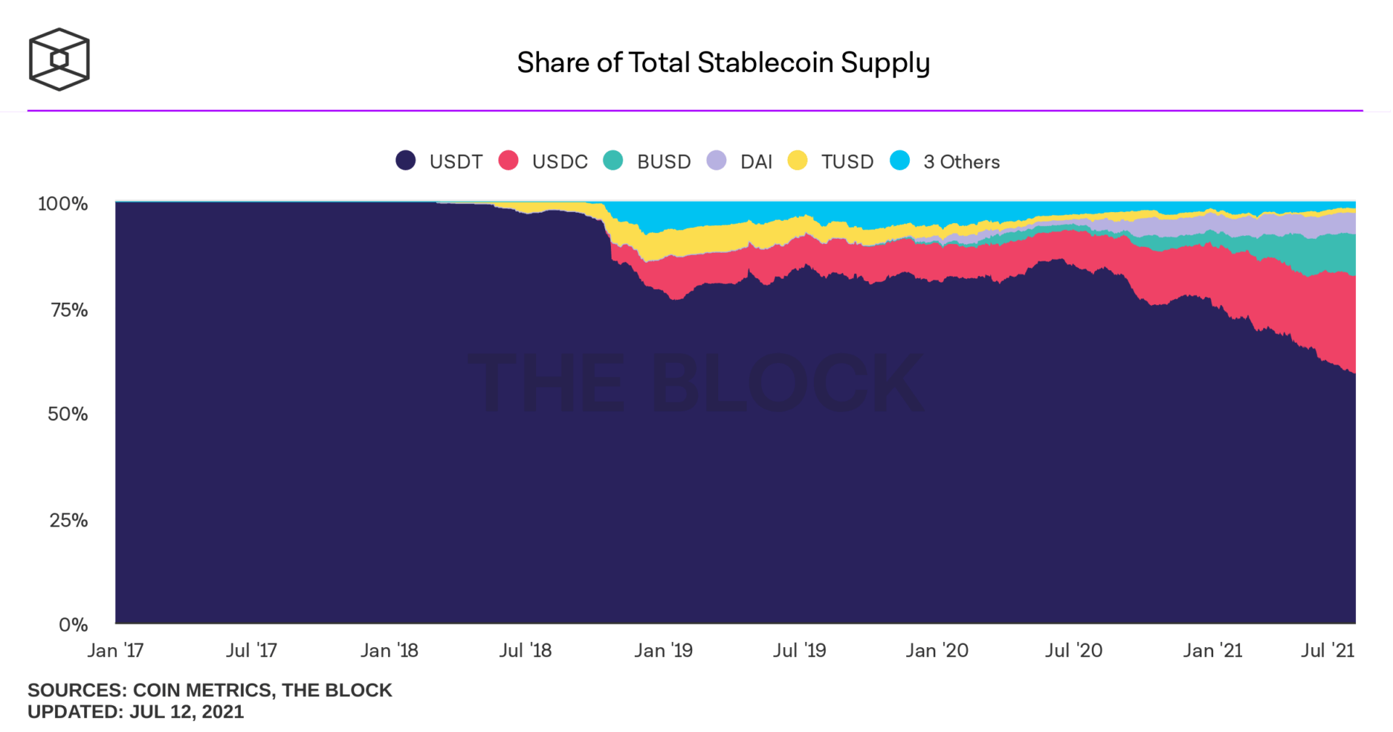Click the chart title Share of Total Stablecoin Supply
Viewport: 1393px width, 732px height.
[x=723, y=62]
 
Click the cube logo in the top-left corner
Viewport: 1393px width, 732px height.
[x=59, y=60]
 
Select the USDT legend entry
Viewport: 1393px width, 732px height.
[x=440, y=161]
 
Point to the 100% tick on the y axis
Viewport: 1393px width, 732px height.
[x=63, y=204]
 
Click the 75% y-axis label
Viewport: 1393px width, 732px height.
[x=69, y=311]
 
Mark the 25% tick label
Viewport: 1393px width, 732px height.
[x=68, y=521]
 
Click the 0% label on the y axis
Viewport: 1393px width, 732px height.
[x=73, y=625]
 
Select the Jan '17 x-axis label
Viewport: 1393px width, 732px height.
[x=115, y=651]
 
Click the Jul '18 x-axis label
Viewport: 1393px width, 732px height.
[x=525, y=651]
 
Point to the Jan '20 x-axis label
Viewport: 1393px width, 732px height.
[x=937, y=651]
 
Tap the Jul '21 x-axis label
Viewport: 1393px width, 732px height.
[x=1327, y=651]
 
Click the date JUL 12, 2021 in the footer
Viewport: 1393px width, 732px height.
[x=186, y=712]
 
